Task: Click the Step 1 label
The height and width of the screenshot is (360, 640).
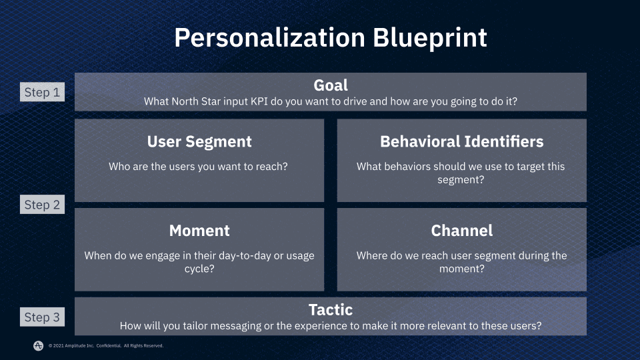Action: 42,93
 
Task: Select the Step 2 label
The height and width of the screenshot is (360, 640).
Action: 42,205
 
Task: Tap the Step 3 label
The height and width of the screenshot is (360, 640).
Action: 42,317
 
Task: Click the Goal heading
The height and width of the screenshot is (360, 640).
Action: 331,85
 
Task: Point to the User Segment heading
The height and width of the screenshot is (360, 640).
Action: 199,141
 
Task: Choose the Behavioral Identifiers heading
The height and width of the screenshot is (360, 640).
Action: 461,141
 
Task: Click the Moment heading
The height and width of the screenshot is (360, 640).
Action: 199,231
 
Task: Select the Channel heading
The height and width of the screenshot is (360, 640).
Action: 461,231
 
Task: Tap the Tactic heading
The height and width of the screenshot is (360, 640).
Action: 331,310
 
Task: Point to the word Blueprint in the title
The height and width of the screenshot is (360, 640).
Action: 427,37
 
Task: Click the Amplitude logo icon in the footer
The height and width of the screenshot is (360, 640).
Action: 39,345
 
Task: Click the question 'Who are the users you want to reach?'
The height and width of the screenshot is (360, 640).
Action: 199,166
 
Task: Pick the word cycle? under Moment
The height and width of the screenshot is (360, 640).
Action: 199,269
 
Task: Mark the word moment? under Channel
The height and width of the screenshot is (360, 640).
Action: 461,269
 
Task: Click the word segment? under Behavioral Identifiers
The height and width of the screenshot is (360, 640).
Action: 461,179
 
